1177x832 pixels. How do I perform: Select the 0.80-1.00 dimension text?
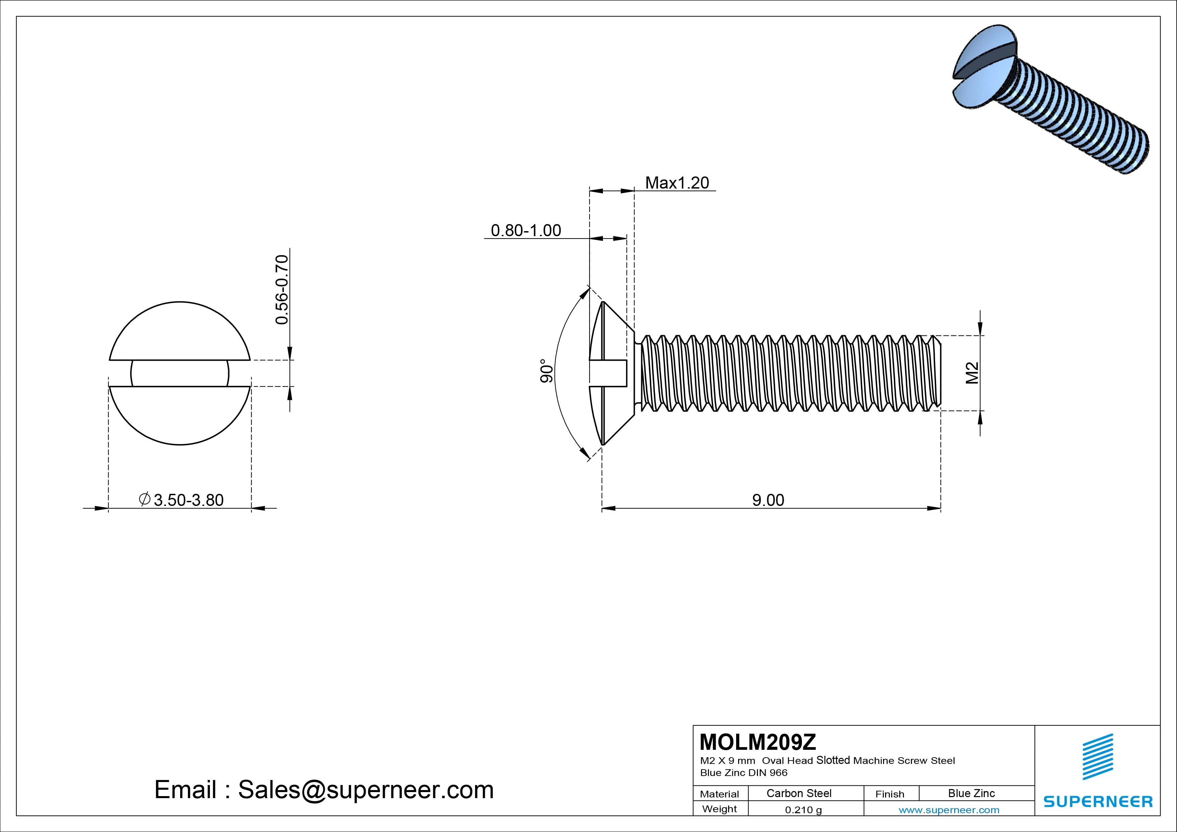(x=526, y=230)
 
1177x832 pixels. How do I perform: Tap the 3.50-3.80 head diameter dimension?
(x=188, y=500)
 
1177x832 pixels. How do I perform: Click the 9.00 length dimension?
(x=768, y=500)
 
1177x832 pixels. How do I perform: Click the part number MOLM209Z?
(x=758, y=742)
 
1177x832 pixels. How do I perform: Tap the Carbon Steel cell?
(x=799, y=793)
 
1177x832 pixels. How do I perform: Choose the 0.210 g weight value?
(x=803, y=810)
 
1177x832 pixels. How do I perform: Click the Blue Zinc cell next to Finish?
(x=971, y=793)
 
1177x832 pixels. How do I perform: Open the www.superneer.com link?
(x=949, y=810)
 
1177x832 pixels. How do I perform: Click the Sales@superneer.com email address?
(x=365, y=790)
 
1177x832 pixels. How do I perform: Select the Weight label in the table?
(x=720, y=809)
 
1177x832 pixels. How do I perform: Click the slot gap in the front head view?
(x=180, y=373)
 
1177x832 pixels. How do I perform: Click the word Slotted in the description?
(x=833, y=760)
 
